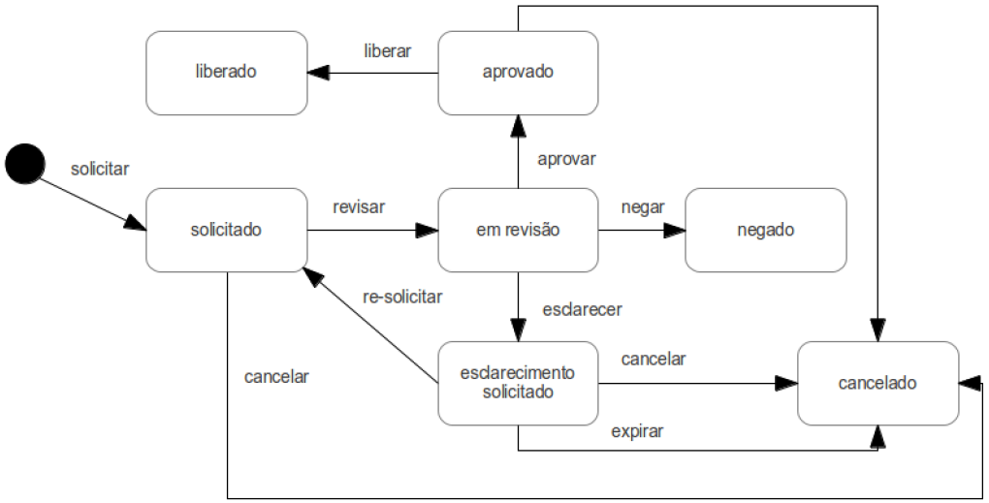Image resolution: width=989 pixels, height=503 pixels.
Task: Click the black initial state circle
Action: coord(24,162)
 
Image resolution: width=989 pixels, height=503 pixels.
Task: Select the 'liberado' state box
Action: coord(227,73)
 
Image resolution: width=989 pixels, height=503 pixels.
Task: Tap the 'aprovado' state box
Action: coord(518,73)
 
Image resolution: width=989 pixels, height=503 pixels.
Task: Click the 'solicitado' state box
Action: coord(227,230)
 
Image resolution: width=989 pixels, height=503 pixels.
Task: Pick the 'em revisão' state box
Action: coord(518,230)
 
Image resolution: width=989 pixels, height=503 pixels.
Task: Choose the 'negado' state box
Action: coord(765,230)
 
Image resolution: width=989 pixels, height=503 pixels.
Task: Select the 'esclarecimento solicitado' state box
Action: coord(518,383)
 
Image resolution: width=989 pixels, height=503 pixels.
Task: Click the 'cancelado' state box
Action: coord(877,383)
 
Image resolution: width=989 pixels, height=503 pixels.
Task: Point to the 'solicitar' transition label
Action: coord(100,169)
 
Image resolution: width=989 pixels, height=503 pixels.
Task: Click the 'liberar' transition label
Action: coord(387,50)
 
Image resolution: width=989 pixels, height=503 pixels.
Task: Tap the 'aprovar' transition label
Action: coord(566,158)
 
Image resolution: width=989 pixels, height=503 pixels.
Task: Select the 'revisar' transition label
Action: coord(359,206)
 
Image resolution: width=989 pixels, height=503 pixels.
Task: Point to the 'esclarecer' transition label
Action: coord(582,309)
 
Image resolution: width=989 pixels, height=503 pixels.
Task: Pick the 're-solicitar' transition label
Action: coord(401,297)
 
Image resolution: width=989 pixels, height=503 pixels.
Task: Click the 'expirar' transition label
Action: coord(637,431)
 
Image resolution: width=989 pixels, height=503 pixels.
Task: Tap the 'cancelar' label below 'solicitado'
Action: coord(276,377)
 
